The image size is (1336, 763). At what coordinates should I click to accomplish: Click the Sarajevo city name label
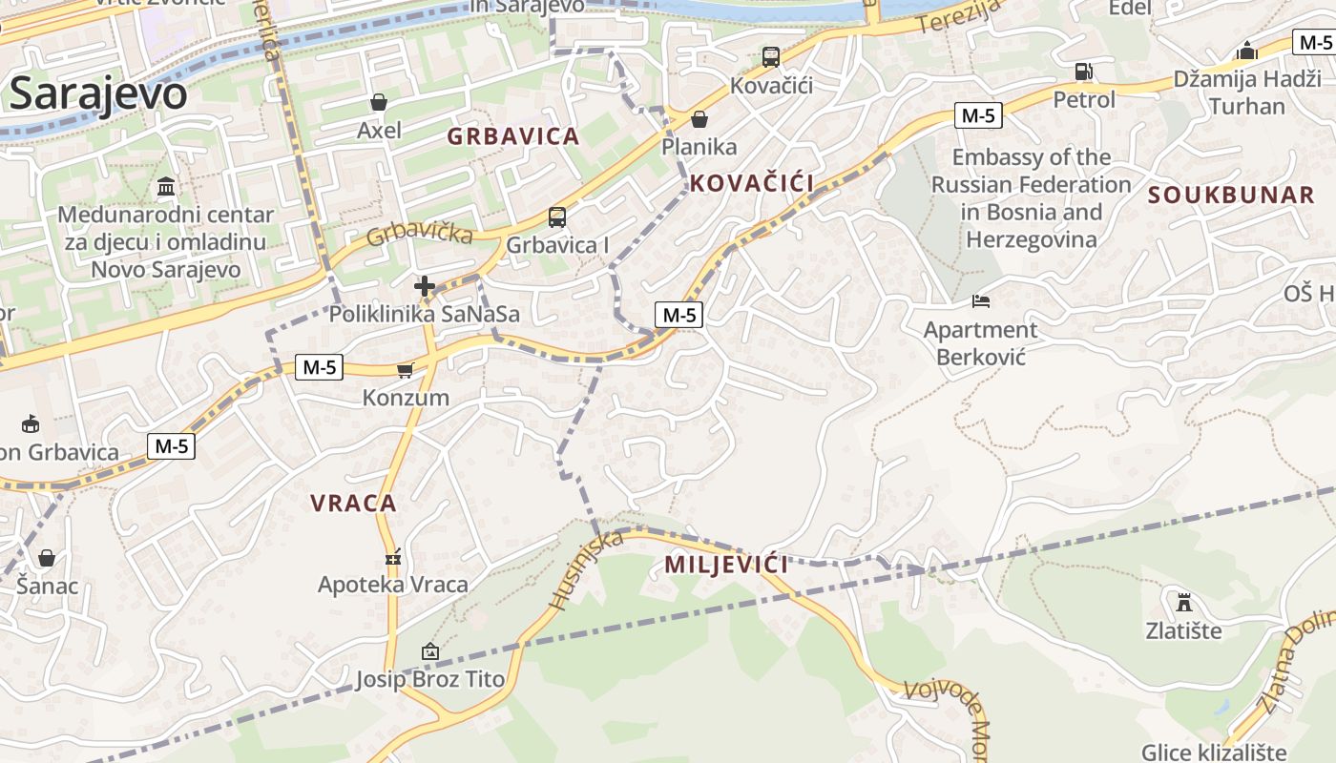pos(97,93)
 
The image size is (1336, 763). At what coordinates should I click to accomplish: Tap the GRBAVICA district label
pos(513,136)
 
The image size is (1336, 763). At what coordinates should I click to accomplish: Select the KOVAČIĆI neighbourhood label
pos(751,184)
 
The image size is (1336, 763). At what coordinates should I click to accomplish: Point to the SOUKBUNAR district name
pos(1231,196)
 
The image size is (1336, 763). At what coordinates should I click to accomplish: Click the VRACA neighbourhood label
pos(353,503)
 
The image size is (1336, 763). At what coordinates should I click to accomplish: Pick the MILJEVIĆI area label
pos(726,565)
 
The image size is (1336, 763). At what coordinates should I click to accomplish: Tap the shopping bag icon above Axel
pos(379,102)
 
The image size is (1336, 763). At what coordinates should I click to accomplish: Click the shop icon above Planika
pos(699,119)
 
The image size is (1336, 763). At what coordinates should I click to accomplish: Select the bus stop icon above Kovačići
pos(770,57)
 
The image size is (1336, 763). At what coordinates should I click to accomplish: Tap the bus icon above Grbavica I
pos(557,217)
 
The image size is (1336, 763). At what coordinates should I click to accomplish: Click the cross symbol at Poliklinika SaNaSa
pos(425,285)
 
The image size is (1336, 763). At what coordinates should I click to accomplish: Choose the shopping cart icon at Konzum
pos(406,370)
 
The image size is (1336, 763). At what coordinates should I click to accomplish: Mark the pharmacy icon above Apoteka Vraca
pos(392,557)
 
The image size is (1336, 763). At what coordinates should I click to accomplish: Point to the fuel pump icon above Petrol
pos(1083,72)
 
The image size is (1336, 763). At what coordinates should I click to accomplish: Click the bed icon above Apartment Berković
pos(980,301)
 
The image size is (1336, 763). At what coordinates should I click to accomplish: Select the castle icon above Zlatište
pos(1183,603)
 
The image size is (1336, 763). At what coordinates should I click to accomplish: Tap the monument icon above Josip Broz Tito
pos(429,652)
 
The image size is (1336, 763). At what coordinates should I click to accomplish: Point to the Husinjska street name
pos(586,569)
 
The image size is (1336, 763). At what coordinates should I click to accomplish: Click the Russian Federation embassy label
pos(1032,198)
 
